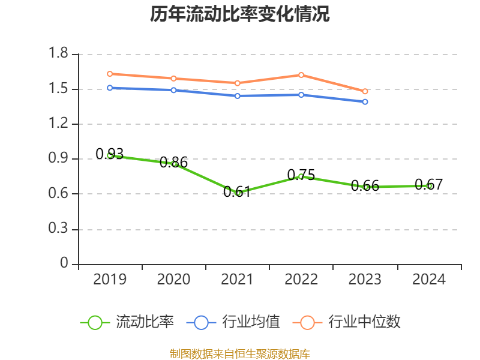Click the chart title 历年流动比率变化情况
click(x=240, y=14)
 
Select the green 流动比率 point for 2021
click(x=238, y=193)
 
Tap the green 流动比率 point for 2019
click(x=110, y=155)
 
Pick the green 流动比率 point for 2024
click(x=429, y=186)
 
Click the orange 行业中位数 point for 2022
click(x=301, y=75)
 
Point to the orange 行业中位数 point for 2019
click(x=110, y=74)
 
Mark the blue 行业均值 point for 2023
click(x=365, y=102)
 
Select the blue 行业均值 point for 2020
click(x=173, y=90)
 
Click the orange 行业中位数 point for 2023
click(x=365, y=91)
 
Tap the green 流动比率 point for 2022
click(x=301, y=176)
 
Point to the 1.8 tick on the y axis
click(x=59, y=55)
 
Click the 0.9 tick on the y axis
click(x=59, y=159)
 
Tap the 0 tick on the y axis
click(x=65, y=264)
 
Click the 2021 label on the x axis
click(x=238, y=280)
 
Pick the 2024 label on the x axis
click(x=429, y=280)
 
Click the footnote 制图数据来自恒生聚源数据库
click(x=240, y=353)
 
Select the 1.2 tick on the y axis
click(x=59, y=124)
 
